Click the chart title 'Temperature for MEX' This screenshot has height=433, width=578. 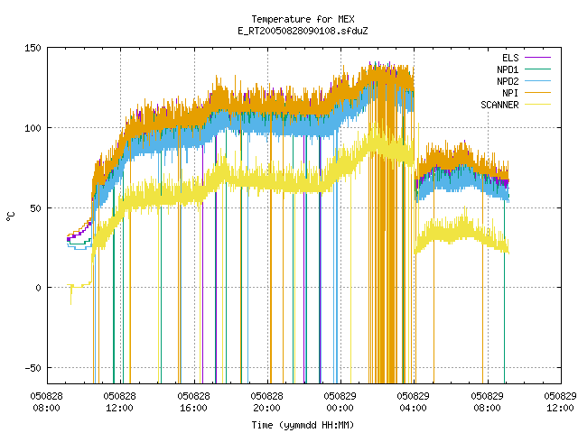(303, 19)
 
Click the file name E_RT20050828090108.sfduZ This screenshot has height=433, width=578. (303, 31)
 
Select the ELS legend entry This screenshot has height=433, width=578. (510, 58)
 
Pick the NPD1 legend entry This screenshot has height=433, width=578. (508, 69)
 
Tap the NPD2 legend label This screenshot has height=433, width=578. (508, 81)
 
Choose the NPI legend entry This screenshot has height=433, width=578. (510, 93)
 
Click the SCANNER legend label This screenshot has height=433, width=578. (499, 105)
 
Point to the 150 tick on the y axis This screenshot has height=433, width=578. (33, 48)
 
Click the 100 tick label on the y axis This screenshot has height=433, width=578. (33, 128)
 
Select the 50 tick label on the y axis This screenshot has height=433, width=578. (36, 208)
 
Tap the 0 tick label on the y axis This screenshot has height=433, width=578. (38, 288)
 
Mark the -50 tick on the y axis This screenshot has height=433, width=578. (33, 368)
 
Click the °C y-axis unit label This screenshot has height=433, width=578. (11, 216)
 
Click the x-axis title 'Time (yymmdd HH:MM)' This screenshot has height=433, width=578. (303, 425)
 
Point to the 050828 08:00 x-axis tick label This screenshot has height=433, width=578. (46, 402)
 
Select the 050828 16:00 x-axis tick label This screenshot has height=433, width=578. (193, 402)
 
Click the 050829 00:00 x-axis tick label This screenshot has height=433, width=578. (340, 402)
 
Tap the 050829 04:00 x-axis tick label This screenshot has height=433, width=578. (414, 402)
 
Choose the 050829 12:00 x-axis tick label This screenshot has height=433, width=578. (560, 402)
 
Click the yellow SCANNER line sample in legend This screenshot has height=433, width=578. (537, 105)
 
